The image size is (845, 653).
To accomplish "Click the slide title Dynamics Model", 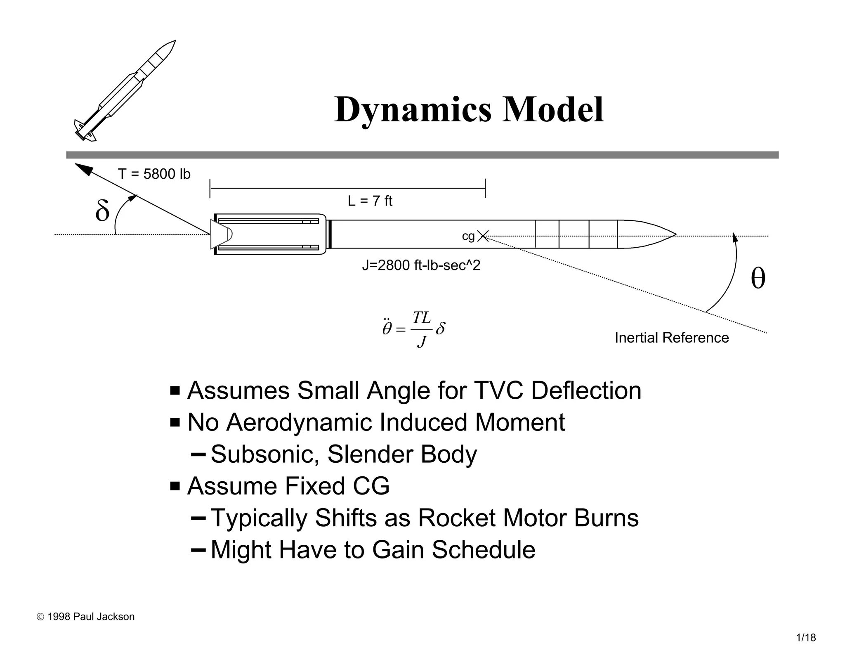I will tap(469, 109).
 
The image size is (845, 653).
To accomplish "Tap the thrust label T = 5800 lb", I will tap(154, 174).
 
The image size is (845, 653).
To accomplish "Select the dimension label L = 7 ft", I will tap(370, 201).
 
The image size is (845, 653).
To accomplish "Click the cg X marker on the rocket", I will tap(482, 236).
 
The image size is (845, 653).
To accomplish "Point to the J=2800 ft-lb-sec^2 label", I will tap(421, 265).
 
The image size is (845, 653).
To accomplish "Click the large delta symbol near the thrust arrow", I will tap(102, 211).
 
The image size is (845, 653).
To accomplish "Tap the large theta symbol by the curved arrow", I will tap(758, 279).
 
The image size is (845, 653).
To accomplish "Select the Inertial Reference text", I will tap(671, 338).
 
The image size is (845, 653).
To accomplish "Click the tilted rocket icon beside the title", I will tap(125, 91).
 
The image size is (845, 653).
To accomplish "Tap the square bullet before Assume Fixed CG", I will tap(175, 486).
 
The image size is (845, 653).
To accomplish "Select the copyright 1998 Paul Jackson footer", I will tap(86, 617).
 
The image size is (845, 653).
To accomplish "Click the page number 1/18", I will tap(805, 638).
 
